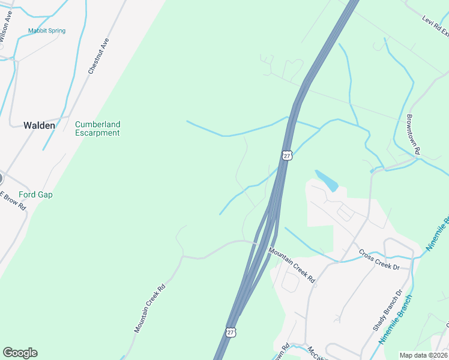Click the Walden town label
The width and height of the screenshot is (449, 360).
pyautogui.click(x=39, y=125)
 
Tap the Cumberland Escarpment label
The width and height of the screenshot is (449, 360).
pyautogui.click(x=97, y=128)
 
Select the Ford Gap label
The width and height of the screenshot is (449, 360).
pyautogui.click(x=35, y=194)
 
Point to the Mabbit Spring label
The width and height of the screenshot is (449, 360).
pyautogui.click(x=47, y=31)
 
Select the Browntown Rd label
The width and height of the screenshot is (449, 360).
pyautogui.click(x=414, y=136)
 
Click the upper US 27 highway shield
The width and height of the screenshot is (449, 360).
pyautogui.click(x=287, y=155)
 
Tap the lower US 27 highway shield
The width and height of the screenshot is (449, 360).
pyautogui.click(x=231, y=331)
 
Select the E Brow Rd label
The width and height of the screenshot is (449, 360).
pyautogui.click(x=13, y=200)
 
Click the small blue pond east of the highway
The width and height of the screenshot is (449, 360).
pyautogui.click(x=327, y=180)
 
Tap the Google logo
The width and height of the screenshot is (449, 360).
pyautogui.click(x=20, y=353)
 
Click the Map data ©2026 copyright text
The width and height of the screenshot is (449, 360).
pyautogui.click(x=423, y=355)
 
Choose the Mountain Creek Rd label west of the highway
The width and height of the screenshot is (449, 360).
pyautogui.click(x=149, y=309)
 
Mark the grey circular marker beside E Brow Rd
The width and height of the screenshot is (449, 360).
pyautogui.click(x=1, y=178)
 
